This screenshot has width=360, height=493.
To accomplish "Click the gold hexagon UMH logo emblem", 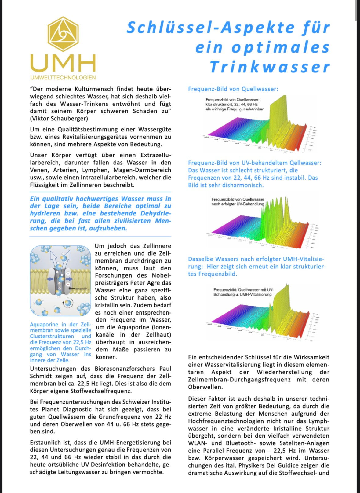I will pyautogui.click(x=63, y=34).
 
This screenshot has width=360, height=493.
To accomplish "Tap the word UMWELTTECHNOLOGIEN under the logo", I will pyautogui.click(x=63, y=78).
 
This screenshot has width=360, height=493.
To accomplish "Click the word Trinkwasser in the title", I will pyautogui.click(x=270, y=67).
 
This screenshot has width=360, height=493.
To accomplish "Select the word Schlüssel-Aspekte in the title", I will pyautogui.click(x=211, y=28).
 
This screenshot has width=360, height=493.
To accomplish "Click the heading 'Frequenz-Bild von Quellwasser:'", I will pyautogui.click(x=233, y=89).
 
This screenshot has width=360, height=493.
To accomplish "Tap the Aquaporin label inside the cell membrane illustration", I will pyautogui.click(x=81, y=288).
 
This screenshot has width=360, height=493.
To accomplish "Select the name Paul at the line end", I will pyautogui.click(x=165, y=369).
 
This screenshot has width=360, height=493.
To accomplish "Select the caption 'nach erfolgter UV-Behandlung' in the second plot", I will pyautogui.click(x=238, y=204).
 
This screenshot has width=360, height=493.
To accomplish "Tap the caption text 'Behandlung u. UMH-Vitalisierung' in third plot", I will pyautogui.click(x=242, y=295).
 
